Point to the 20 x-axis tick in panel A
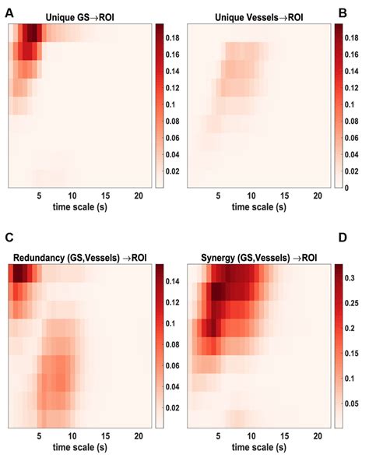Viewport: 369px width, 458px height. pyautogui.click(x=137, y=195)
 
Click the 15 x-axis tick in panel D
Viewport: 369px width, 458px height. pyautogui.click(x=286, y=436)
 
